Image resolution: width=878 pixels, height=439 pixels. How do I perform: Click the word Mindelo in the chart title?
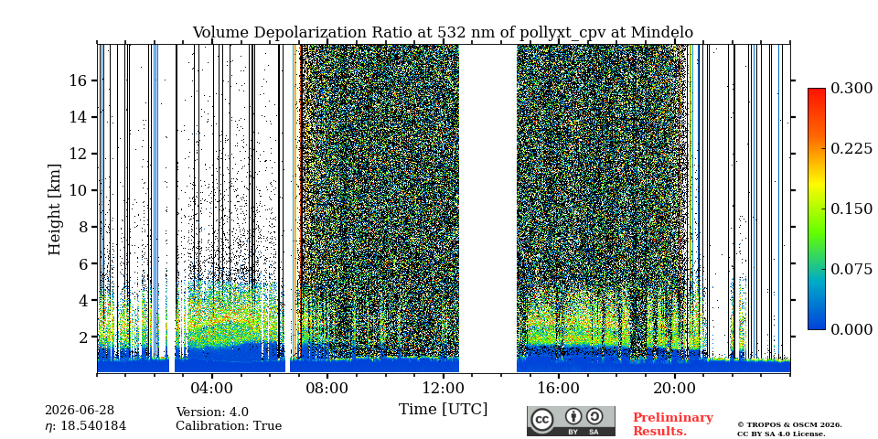click(x=662, y=33)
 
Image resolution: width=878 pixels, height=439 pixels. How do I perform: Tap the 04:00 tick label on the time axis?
click(x=211, y=388)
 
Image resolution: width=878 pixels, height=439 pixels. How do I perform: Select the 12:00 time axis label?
click(x=443, y=388)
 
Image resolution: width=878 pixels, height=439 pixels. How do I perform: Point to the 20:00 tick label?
click(x=674, y=388)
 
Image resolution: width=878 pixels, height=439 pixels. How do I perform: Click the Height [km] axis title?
click(x=54, y=209)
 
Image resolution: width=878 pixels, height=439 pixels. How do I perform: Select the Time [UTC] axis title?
click(x=443, y=409)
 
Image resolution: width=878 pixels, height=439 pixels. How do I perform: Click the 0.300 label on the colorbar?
click(x=851, y=89)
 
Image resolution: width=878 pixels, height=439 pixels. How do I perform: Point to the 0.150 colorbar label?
click(x=851, y=209)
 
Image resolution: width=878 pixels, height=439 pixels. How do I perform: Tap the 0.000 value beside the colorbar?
click(x=851, y=329)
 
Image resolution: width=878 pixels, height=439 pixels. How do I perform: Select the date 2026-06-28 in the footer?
click(x=80, y=411)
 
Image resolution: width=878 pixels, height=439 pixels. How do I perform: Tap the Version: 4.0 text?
click(x=212, y=412)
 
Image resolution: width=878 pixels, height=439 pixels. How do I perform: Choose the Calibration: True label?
click(x=229, y=426)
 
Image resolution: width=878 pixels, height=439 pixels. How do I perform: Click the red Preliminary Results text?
click(x=673, y=424)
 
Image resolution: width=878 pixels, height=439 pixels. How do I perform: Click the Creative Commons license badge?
click(x=571, y=421)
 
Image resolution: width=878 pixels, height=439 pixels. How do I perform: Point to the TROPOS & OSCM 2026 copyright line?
click(x=789, y=425)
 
